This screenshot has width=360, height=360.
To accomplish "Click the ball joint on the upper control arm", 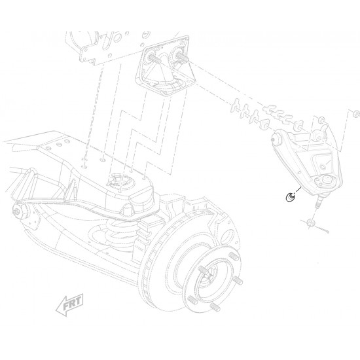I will (x=323, y=180).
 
